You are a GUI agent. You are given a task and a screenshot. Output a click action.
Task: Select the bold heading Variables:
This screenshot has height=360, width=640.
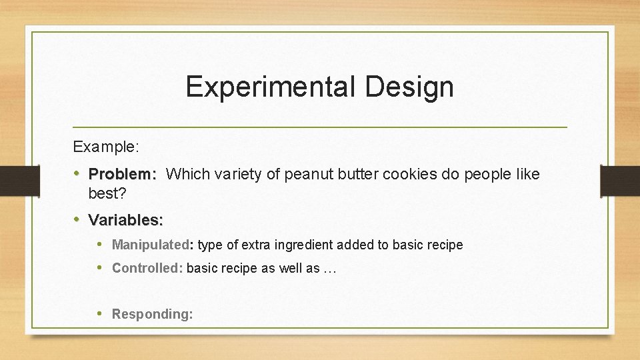126,219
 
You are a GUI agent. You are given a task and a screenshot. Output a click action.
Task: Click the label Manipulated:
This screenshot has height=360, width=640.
152,245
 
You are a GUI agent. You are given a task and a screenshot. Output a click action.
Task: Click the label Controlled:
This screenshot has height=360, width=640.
147,268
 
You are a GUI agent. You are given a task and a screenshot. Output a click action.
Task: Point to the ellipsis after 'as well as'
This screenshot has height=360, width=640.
330,269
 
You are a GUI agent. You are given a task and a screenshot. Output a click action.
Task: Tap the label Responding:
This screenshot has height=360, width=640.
153,314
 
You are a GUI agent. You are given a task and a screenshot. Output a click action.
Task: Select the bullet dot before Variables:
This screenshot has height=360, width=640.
77,219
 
